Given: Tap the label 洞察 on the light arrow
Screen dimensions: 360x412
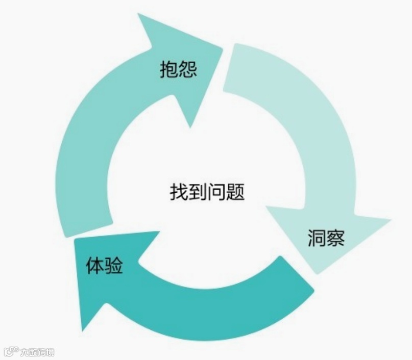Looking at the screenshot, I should click(326, 238).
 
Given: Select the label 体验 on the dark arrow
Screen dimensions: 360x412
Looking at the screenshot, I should click(104, 266).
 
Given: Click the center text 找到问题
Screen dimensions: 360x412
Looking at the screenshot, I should click(207, 192).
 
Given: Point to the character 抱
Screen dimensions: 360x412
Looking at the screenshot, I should click(169, 69).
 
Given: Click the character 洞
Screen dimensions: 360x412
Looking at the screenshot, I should click(317, 238).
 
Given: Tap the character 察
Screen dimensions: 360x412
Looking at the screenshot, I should click(335, 238).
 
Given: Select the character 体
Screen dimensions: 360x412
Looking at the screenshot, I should click(95, 266).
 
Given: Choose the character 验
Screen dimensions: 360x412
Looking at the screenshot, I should click(114, 266).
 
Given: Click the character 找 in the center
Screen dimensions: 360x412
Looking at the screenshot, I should click(179, 192).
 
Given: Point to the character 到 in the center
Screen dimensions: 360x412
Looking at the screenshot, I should click(198, 192).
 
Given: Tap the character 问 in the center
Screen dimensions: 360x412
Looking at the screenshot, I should click(216, 192).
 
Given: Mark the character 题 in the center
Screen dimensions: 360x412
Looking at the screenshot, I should click(235, 192).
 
